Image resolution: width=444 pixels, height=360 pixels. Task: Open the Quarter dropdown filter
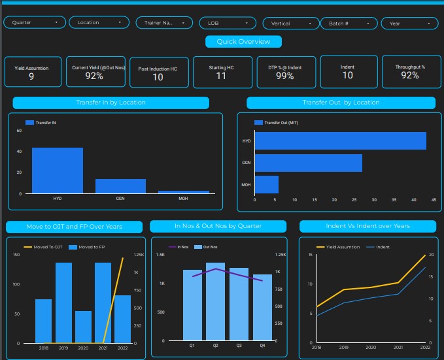pos(35,22)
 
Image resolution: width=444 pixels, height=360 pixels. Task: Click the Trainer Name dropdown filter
pos(164,22)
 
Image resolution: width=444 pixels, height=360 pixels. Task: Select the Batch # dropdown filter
pos(348,23)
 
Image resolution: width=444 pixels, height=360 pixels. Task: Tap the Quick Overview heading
pos(244,41)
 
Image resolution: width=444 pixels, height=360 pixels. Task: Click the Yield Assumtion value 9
pos(31,76)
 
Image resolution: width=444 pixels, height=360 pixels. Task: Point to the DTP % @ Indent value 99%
pos(284,76)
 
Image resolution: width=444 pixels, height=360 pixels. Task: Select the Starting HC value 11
pos(221,76)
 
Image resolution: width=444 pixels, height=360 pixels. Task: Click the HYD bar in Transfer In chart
pos(58,171)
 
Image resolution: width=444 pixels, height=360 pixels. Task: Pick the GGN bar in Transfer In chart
pos(120,186)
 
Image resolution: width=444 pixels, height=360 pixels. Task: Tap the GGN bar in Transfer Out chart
pos(308,163)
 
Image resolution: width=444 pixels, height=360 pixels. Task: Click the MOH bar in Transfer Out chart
pos(266,184)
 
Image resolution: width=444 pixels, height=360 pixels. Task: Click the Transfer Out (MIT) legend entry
pos(275,122)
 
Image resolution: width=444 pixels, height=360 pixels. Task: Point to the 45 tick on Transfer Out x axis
pos(434,200)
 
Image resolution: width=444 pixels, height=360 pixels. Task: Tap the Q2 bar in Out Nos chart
pos(215,302)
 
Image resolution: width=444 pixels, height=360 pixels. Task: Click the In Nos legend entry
pos(179,247)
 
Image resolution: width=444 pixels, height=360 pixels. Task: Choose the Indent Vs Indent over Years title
pos(367,226)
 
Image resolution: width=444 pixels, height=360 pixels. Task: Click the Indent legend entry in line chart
pos(380,247)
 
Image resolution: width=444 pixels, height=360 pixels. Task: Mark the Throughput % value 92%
pos(410,76)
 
